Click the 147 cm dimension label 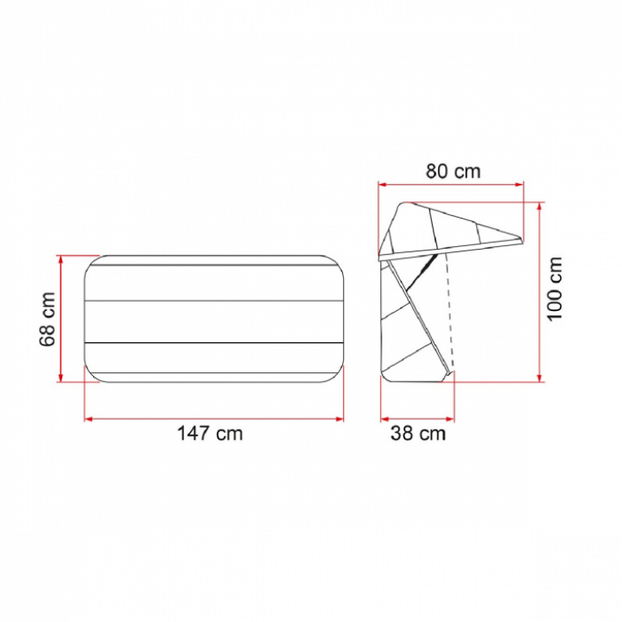tap(210, 433)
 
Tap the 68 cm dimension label tap(48, 319)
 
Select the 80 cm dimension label tap(453, 171)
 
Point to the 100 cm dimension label tap(555, 289)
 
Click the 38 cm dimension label tap(418, 433)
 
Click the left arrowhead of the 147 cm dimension tap(88, 418)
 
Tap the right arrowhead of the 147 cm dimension tap(340, 418)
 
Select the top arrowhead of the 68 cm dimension tap(60, 259)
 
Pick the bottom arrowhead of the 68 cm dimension tap(60, 378)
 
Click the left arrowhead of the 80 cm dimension tap(383, 184)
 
